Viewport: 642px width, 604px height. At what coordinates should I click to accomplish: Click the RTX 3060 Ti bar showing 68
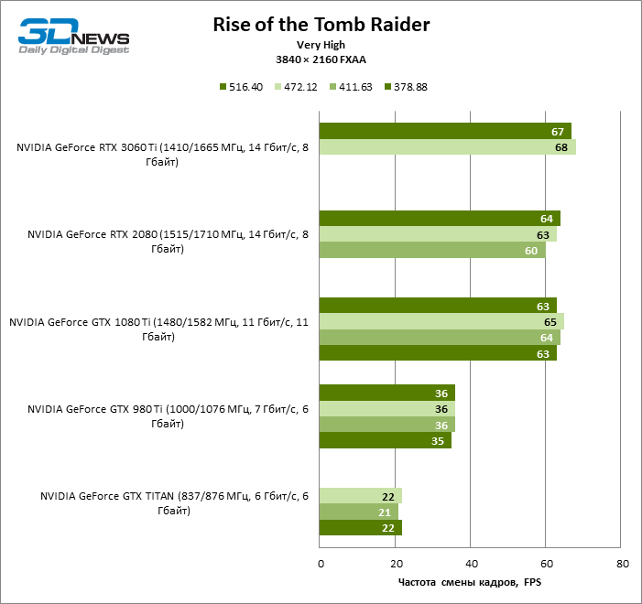point(447,146)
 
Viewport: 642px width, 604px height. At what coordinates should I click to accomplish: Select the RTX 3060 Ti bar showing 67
point(445,131)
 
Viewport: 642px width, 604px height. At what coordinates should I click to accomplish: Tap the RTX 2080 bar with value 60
point(431,250)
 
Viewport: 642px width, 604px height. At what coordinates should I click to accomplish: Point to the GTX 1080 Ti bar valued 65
point(441,321)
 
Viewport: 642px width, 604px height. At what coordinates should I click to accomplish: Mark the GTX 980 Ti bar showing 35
point(385,440)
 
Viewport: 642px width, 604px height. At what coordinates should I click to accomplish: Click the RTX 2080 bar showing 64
point(439,218)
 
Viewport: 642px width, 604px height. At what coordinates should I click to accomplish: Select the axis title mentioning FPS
point(470,582)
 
